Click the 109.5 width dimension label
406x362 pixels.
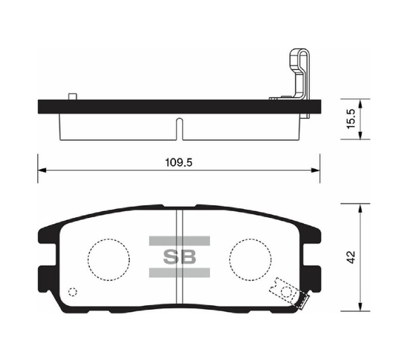click(179, 162)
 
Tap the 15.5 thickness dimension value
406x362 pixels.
click(352, 119)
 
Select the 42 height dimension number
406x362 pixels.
click(351, 257)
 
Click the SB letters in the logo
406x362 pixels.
click(179, 257)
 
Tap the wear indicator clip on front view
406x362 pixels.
click(290, 294)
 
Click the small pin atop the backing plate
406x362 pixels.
click(72, 96)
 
